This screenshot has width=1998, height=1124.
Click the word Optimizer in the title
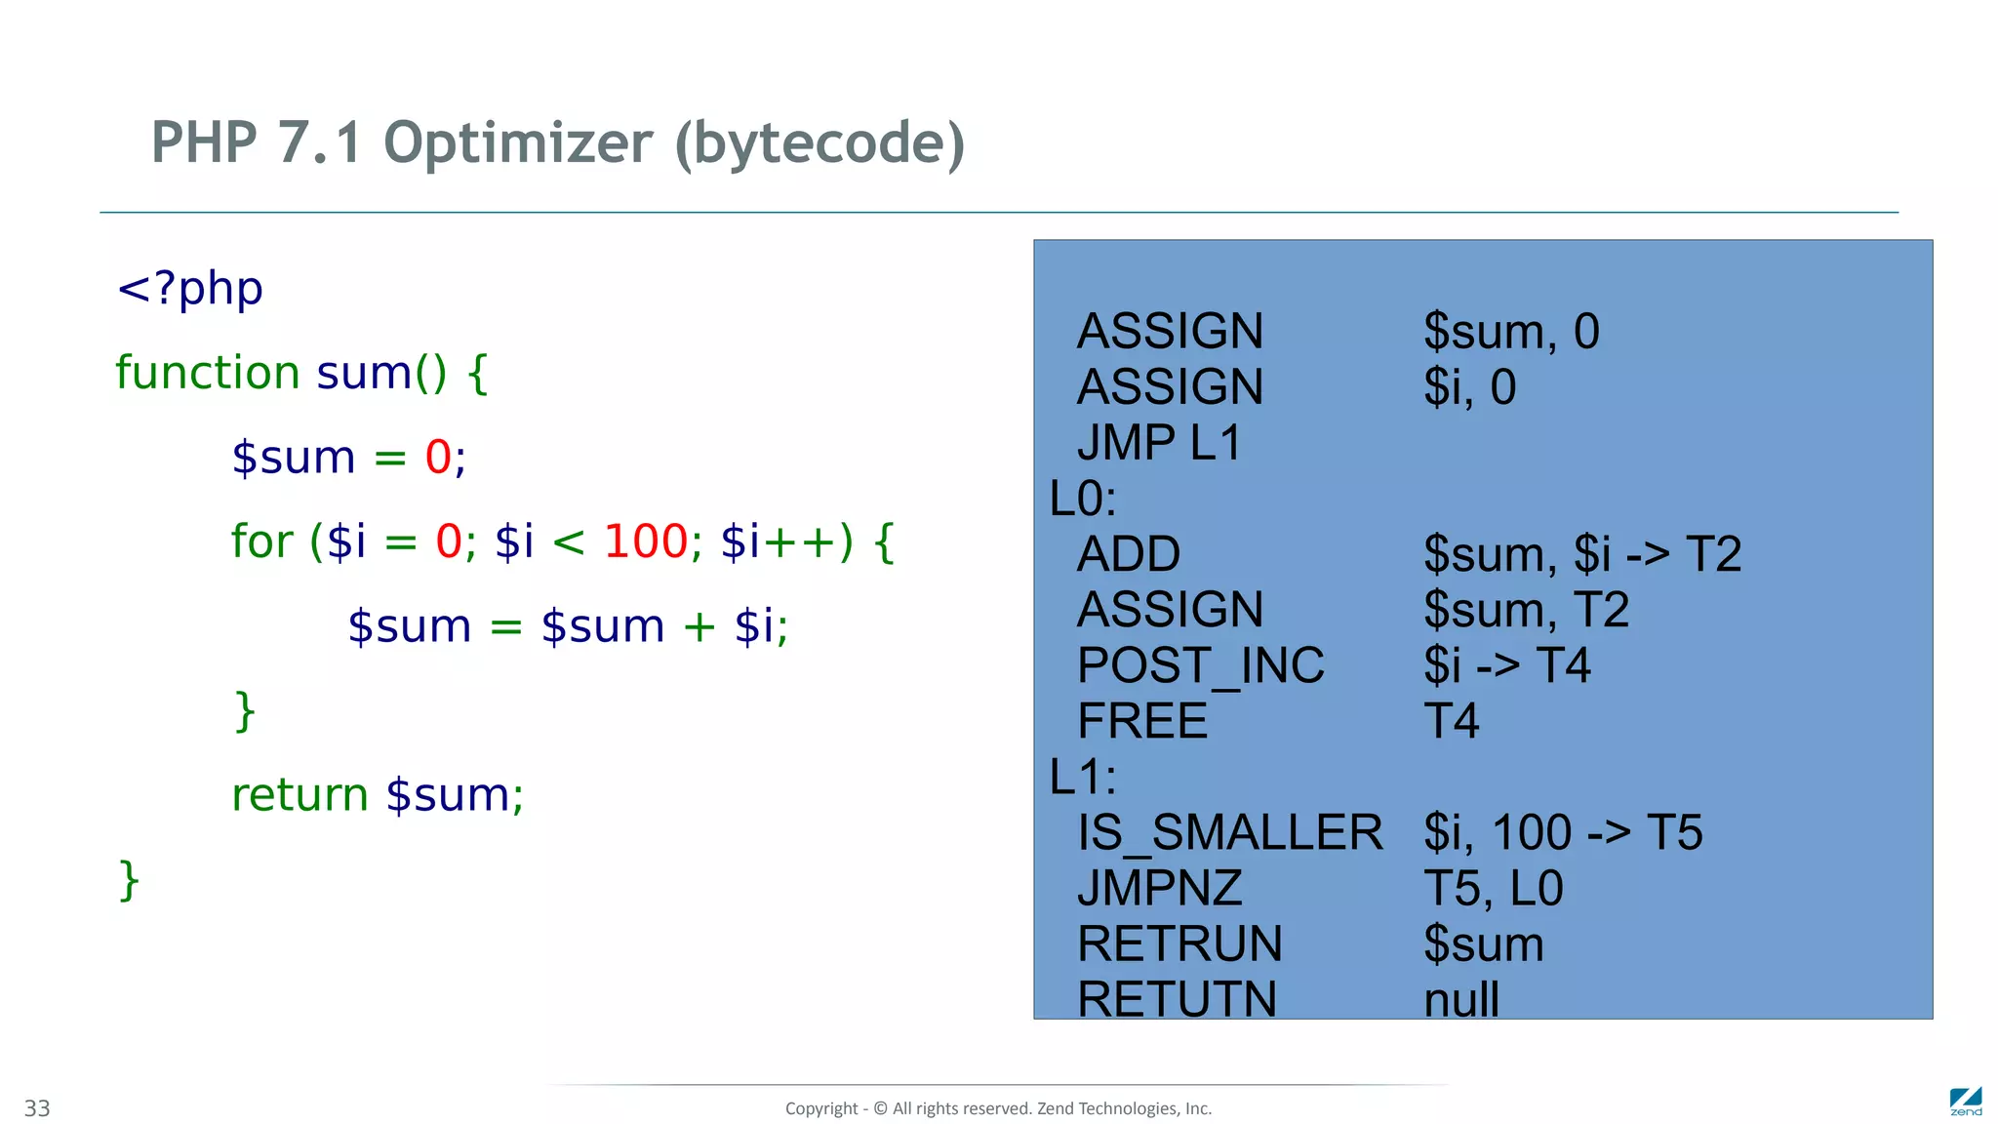pyautogui.click(x=518, y=143)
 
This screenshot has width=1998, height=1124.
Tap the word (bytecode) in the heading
pyautogui.click(x=819, y=143)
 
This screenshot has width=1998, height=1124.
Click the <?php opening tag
pyautogui.click(x=189, y=289)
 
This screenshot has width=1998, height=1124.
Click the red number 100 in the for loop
pyautogui.click(x=646, y=542)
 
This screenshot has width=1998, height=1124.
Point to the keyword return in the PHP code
pyautogui.click(x=300, y=795)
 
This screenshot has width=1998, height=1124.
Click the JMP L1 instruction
pyautogui.click(x=1159, y=443)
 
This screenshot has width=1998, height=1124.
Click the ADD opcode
pyautogui.click(x=1129, y=554)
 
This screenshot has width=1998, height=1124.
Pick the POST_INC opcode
pyautogui.click(x=1201, y=665)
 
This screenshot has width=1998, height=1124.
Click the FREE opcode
pyautogui.click(x=1142, y=722)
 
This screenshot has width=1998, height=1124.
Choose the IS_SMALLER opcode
pyautogui.click(x=1229, y=833)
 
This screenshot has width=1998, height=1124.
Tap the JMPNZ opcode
pyautogui.click(x=1160, y=889)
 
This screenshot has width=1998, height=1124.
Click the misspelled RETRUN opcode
pyautogui.click(x=1179, y=944)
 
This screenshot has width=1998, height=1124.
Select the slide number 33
pyautogui.click(x=37, y=1108)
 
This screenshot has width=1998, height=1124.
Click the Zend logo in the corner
pyautogui.click(x=1966, y=1102)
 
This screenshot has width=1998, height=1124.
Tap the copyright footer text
pyautogui.click(x=998, y=1108)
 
